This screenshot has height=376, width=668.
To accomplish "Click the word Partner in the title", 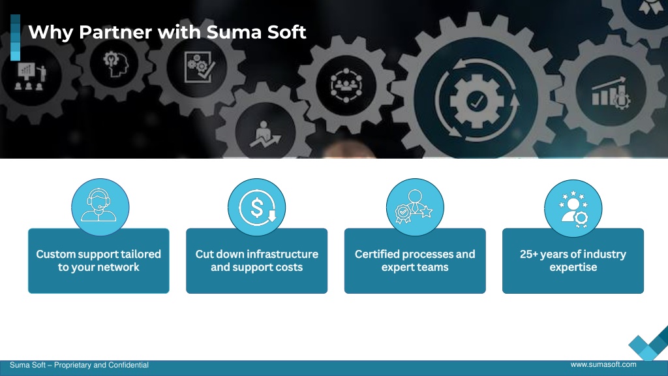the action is tap(115, 32).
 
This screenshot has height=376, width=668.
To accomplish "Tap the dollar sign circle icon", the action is tap(257, 207).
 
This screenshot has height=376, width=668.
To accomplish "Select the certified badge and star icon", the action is tap(415, 207).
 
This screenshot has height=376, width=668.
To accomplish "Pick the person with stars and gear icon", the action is tap(573, 208).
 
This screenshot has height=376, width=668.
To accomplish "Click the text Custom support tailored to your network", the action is tap(99, 260).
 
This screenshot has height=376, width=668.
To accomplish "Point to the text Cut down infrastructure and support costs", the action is tap(257, 260).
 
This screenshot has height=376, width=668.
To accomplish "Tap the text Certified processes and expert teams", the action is tap(415, 260).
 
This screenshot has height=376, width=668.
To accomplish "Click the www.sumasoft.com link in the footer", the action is tap(603, 364).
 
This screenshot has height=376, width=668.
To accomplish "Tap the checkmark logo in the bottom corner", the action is tap(648, 343).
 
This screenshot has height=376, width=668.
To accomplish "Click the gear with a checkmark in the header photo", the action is tap(477, 101).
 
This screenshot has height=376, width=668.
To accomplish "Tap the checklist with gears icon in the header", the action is tap(199, 67).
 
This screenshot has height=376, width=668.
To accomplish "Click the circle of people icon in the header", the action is tap(346, 86).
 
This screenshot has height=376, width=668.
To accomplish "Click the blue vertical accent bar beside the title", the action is tap(16, 37).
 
